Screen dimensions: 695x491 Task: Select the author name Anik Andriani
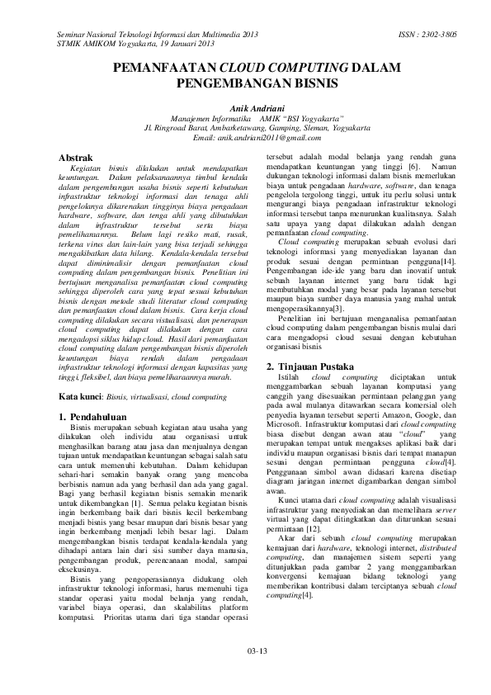[x=245, y=107]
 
